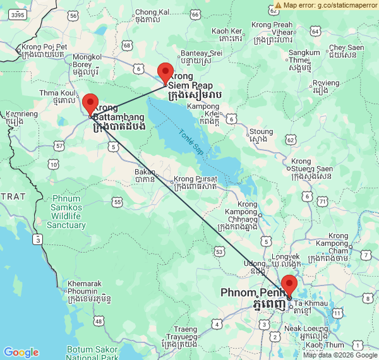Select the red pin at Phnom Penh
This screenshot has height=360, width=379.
[289, 285]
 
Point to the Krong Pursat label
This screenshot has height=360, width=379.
[196, 183]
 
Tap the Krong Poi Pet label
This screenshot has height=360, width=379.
[44, 51]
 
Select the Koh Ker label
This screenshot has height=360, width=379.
[227, 35]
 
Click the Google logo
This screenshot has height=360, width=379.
[21, 352]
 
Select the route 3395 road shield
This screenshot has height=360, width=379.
[19, 15]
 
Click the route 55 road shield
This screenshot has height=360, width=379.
[117, 201]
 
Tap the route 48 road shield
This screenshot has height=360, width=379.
[99, 322]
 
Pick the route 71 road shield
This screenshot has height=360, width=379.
[323, 201]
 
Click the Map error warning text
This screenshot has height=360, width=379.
[326, 5]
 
